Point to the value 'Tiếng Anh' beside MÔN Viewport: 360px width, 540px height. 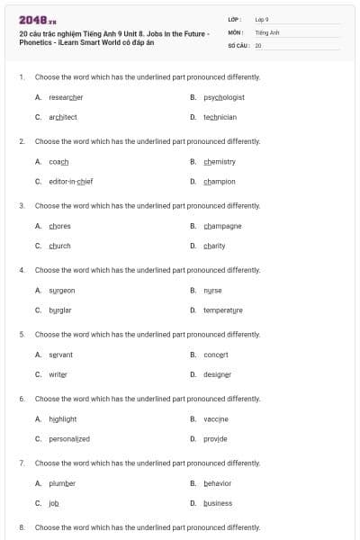point(267,31)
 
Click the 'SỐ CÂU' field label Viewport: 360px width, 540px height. point(238,44)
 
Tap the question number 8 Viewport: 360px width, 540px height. point(21,526)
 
